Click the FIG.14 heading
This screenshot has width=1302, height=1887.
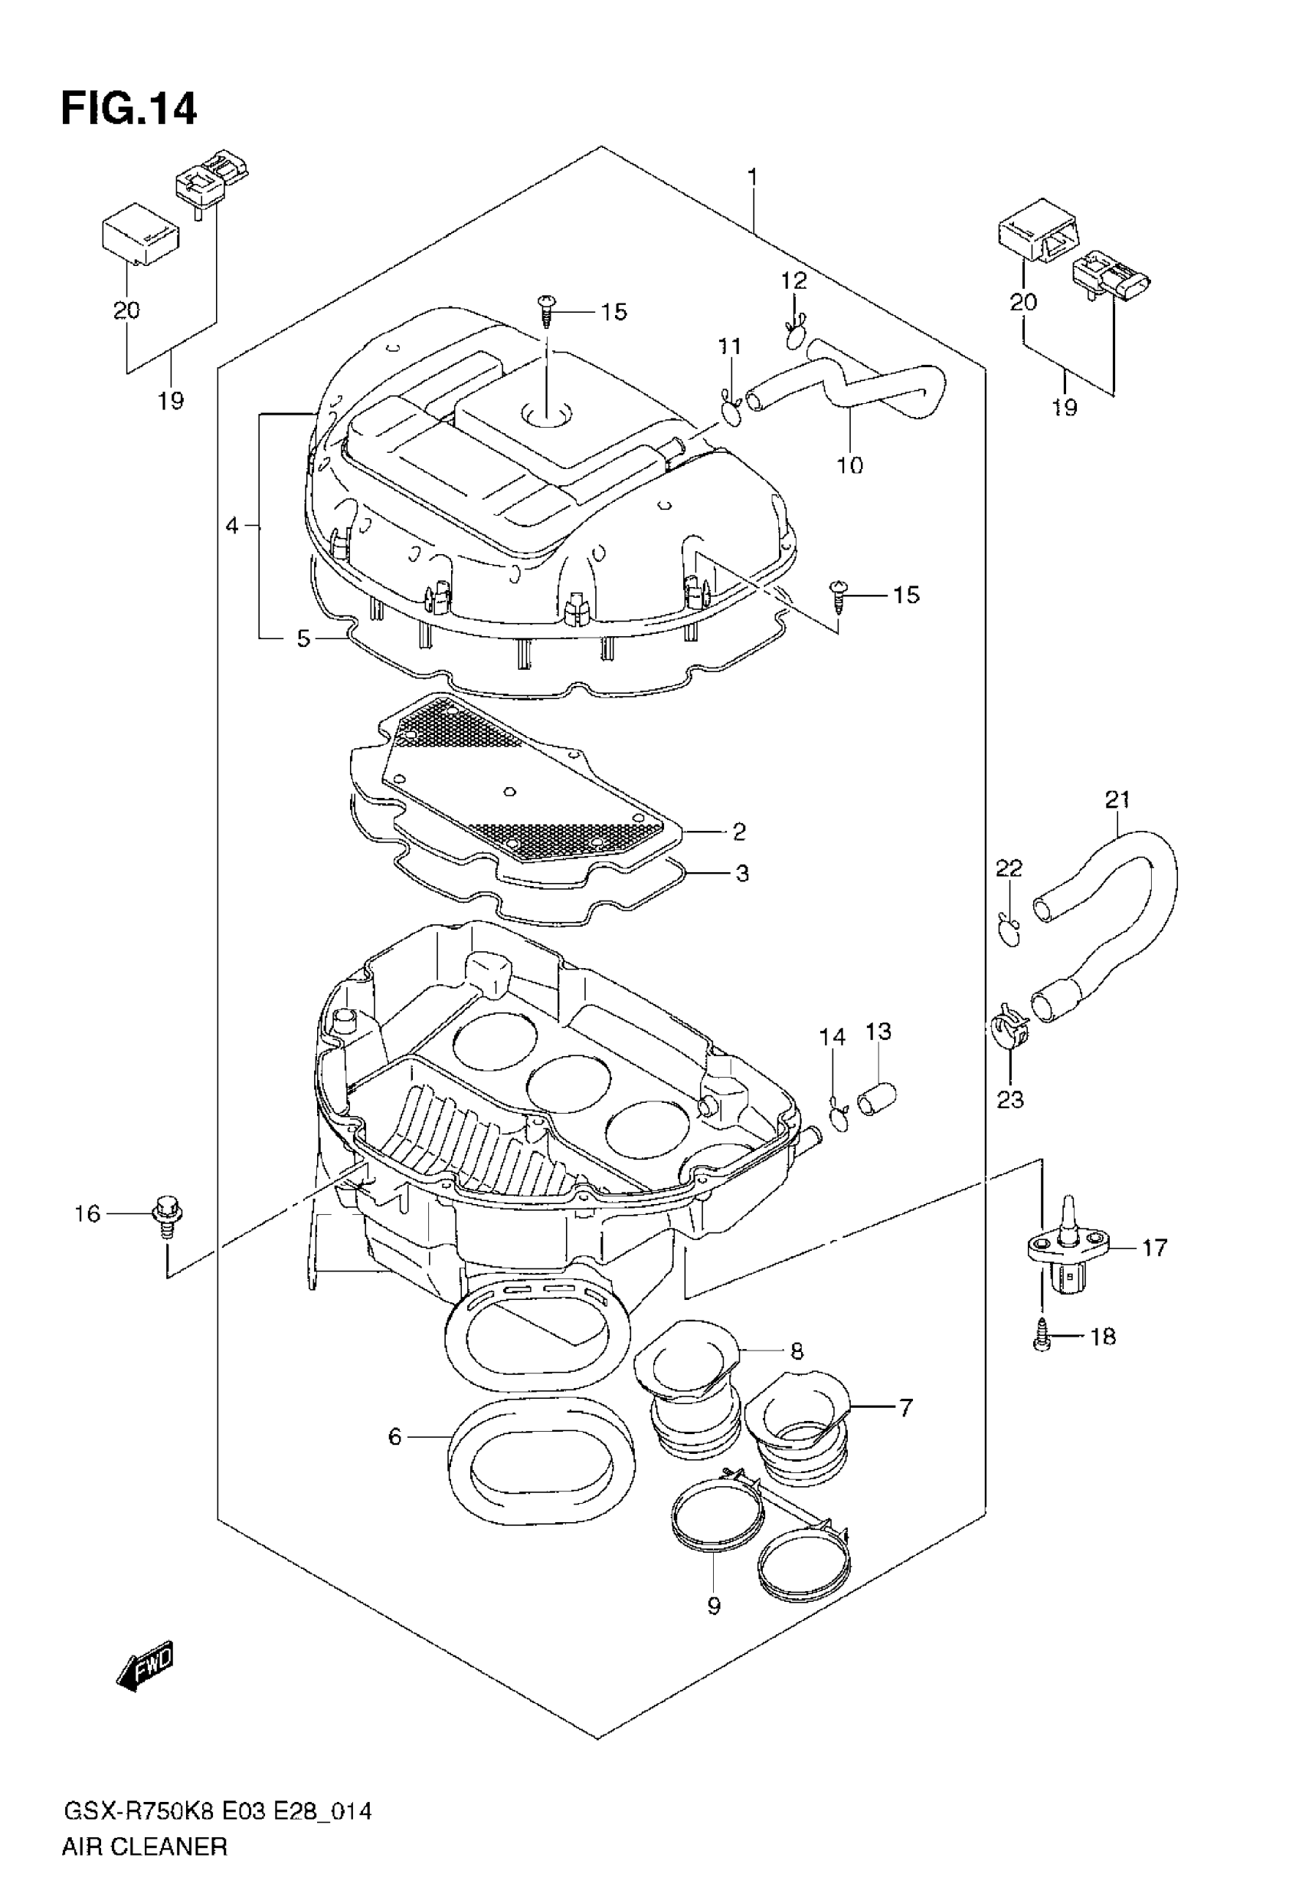tap(129, 109)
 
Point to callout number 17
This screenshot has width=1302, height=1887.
tap(1154, 1248)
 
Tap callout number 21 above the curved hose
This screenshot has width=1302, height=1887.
tap(1117, 800)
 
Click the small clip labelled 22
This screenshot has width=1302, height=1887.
tap(1009, 931)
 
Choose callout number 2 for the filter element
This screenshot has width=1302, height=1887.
tap(739, 832)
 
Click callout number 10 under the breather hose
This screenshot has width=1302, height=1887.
tap(850, 465)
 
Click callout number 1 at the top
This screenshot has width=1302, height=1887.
tap(752, 177)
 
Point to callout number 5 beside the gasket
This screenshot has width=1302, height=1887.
tap(303, 638)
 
